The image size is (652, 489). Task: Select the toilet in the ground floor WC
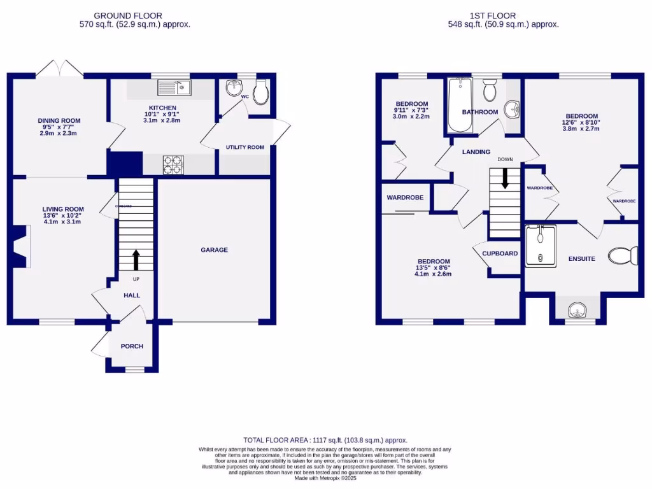260,94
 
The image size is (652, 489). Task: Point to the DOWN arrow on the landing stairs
506,178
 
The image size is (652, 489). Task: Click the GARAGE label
215,250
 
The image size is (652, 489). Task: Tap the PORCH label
132,346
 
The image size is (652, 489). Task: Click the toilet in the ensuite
623,256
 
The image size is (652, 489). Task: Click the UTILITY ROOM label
244,148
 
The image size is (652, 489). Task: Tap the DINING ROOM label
59,120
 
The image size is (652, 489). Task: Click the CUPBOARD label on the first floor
500,253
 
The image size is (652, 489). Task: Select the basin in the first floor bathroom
513,110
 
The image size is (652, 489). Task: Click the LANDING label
476,152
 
